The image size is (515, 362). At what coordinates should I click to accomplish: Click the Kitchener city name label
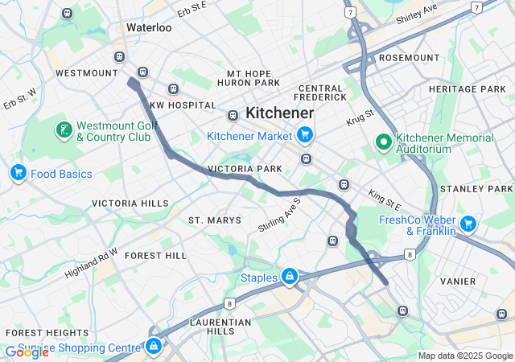[279, 113]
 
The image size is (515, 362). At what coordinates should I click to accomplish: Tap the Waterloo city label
[149, 27]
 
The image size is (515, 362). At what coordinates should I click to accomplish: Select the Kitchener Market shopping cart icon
[304, 135]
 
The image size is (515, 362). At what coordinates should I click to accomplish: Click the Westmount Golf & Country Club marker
[62, 130]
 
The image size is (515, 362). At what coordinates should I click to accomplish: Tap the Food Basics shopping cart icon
[18, 173]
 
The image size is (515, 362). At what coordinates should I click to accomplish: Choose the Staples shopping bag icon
[289, 278]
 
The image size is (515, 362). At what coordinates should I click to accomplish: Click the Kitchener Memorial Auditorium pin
[384, 143]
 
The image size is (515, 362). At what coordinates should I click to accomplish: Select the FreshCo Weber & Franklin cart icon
[468, 224]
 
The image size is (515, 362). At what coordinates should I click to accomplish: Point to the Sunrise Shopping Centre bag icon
[153, 346]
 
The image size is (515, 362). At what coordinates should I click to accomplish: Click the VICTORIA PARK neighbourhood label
[245, 170]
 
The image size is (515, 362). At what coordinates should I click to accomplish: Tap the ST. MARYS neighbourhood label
[214, 220]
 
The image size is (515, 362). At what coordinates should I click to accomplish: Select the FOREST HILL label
[155, 256]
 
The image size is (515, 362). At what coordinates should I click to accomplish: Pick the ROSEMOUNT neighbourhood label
[408, 58]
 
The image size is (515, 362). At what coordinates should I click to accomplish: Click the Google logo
[27, 352]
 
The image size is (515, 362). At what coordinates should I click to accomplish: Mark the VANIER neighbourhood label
[458, 282]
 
